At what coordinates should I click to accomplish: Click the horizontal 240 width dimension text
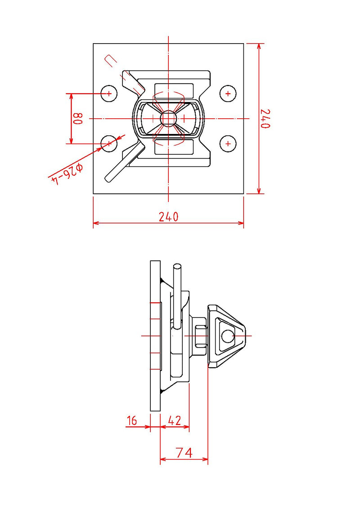[x=169, y=217]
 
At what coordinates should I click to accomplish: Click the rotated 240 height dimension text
[x=265, y=119]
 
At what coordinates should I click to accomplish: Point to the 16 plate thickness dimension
[x=132, y=420]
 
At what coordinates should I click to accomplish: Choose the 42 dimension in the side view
[x=174, y=420]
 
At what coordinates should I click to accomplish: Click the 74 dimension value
[x=184, y=452]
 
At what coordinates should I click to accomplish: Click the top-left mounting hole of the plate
[x=108, y=94]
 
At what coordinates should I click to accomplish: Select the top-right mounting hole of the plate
[x=228, y=94]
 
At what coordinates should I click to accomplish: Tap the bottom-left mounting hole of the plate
[x=108, y=143]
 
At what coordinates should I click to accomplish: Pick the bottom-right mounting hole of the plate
[x=228, y=143]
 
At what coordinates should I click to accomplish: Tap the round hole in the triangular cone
[x=228, y=335]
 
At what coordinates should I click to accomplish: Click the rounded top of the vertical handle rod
[x=177, y=267]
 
